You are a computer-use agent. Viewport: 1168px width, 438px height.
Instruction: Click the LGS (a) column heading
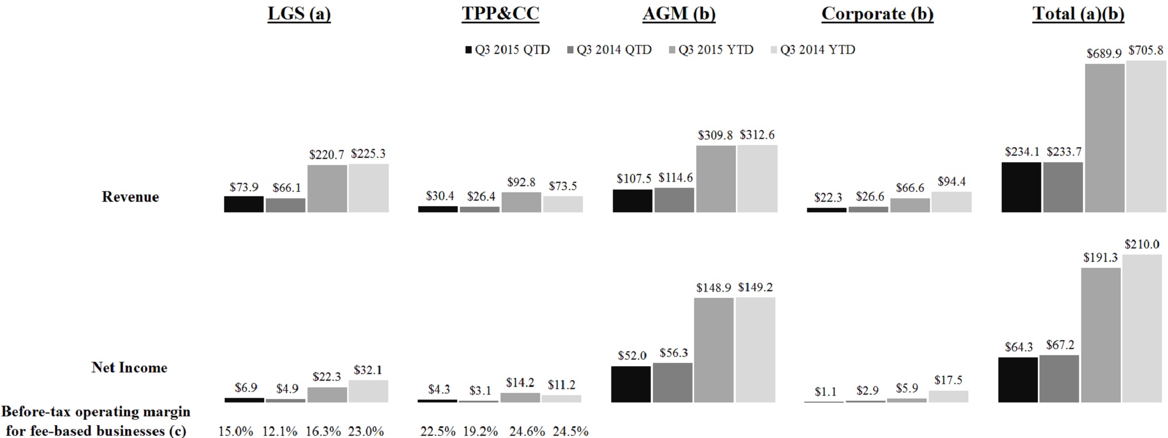point(299,14)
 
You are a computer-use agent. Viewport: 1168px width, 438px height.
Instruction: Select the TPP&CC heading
point(501,14)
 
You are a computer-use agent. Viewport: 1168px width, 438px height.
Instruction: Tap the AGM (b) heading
point(679,14)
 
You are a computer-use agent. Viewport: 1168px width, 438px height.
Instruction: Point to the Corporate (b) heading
point(877,14)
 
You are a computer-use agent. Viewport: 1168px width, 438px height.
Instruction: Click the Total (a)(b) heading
point(1078,14)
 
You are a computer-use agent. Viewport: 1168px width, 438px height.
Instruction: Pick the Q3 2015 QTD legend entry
point(507,50)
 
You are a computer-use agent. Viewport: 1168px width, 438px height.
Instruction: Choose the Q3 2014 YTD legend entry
point(813,50)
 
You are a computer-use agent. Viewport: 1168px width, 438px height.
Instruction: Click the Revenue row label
point(130,197)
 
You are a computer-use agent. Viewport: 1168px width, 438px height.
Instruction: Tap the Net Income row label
point(130,367)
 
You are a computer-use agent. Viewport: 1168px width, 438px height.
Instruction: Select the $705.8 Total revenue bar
point(1146,136)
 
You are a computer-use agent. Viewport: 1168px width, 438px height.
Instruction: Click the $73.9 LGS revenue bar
point(244,204)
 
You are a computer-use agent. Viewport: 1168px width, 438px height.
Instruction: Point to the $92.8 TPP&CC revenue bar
point(521,202)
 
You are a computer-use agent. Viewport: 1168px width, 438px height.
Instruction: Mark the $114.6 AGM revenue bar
point(674,200)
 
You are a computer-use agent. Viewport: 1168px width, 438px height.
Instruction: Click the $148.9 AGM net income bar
point(714,350)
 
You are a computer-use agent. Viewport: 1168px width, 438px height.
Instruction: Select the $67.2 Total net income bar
point(1059,379)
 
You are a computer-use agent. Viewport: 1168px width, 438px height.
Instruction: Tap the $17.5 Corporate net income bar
point(948,396)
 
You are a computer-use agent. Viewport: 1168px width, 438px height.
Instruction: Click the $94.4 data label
point(952,182)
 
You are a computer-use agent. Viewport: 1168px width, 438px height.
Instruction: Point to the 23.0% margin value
point(366,431)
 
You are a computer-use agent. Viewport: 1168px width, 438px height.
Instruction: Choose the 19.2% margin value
point(481,431)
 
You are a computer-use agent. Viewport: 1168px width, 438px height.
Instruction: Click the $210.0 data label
point(1142,245)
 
